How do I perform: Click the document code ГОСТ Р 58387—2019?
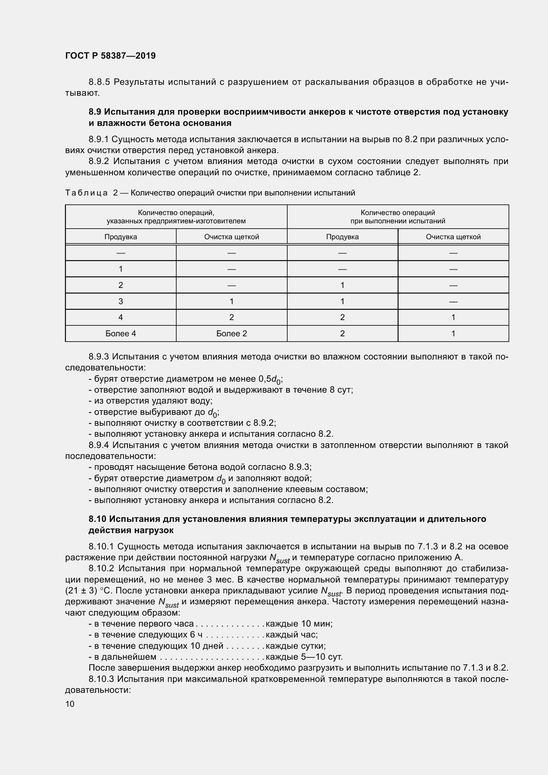click(x=110, y=56)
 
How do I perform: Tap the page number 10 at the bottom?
click(x=70, y=704)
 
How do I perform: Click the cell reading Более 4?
click(x=121, y=334)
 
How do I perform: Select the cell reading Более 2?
click(x=232, y=334)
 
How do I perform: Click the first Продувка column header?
click(x=121, y=237)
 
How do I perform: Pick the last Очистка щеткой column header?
click(x=453, y=237)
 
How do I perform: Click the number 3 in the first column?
click(x=121, y=301)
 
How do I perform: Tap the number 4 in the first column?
click(x=121, y=317)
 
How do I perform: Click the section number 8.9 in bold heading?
click(x=95, y=112)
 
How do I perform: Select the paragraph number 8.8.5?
click(x=100, y=82)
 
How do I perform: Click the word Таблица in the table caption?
click(x=86, y=193)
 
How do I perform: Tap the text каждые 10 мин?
click(x=299, y=624)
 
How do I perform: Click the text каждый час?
click(x=292, y=635)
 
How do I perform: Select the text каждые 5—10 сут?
click(x=304, y=657)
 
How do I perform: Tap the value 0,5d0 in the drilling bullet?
click(x=270, y=379)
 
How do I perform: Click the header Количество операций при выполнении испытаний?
click(x=398, y=217)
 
